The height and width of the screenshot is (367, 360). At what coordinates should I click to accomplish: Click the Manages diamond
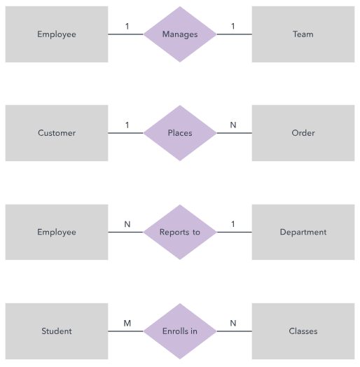coord(180,34)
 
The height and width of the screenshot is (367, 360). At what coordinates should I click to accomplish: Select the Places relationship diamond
coord(180,133)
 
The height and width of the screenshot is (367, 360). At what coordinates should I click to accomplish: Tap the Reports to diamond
coord(180,232)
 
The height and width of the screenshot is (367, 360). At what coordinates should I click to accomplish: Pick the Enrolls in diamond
coord(180,331)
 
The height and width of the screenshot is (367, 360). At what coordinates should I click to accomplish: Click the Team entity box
coord(303,34)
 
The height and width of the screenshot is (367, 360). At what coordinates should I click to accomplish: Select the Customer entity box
coord(57,133)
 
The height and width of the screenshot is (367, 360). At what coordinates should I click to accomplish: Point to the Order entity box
coord(303,133)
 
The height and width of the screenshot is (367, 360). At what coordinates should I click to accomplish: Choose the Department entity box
coord(303,232)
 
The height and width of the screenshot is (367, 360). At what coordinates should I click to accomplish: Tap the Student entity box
coord(57,331)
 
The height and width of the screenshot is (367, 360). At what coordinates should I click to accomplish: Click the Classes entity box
coord(303,331)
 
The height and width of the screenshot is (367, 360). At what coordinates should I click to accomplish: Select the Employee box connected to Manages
coord(57,34)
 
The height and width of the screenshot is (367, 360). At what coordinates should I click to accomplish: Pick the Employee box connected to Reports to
coord(57,232)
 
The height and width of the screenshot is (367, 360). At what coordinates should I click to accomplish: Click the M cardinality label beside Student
coord(127,324)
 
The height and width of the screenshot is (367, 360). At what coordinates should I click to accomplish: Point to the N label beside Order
coord(233,125)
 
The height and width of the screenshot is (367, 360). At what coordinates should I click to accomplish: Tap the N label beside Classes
coord(233,324)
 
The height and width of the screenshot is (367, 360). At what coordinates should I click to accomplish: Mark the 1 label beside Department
coord(233,224)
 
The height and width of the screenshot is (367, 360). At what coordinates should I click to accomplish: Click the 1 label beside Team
coord(233,26)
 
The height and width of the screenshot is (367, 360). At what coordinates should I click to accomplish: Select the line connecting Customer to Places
coord(125,133)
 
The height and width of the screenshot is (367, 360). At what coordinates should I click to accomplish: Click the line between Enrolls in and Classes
coord(235,331)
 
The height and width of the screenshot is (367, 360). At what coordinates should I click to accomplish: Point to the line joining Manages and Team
coord(235,34)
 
